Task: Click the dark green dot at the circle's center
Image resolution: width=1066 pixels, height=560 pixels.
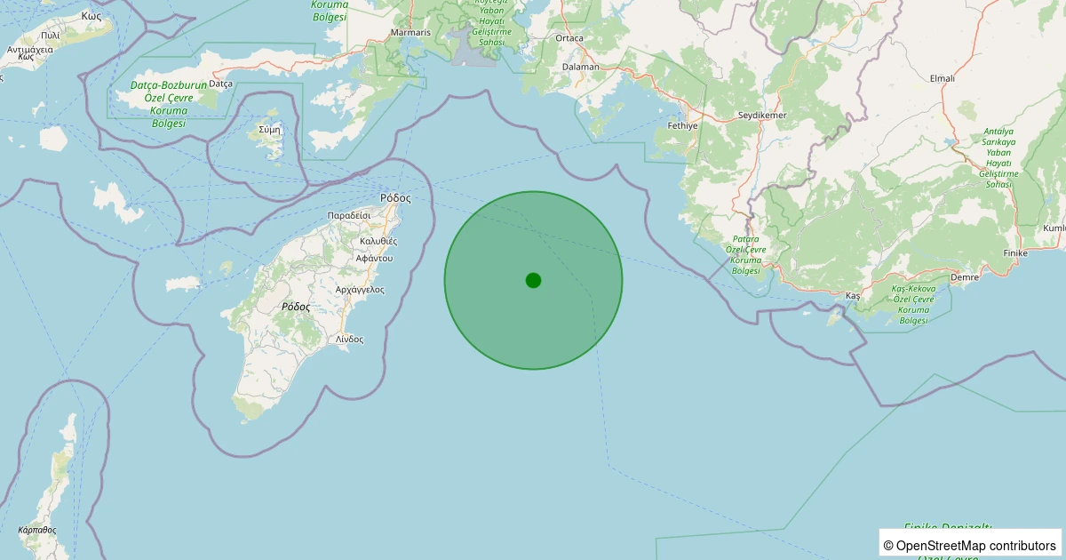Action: coord(533,280)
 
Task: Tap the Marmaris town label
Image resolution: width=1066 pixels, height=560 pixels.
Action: coord(410,33)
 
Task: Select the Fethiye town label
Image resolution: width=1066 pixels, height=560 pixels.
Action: coord(682,126)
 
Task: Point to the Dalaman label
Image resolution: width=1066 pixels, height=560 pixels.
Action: coord(582,67)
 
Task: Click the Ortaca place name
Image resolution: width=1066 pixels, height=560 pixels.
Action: coord(569,38)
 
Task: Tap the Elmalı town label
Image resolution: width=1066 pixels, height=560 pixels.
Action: coord(942,78)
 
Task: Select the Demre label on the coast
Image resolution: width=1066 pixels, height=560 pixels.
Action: coord(964,277)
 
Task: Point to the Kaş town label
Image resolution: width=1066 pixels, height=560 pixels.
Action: coord(854,294)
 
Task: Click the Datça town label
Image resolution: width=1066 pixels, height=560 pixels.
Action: coord(220,84)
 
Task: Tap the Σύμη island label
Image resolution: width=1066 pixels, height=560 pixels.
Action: coord(269,129)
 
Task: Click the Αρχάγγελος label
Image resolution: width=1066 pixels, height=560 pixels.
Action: coord(360,290)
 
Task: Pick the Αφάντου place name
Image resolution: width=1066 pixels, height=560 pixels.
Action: coord(373,258)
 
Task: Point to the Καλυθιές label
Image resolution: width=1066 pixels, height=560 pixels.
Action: coord(378,241)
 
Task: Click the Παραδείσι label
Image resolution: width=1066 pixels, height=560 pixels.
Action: coord(348,216)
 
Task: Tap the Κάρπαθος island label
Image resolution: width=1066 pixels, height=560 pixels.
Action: coord(36,530)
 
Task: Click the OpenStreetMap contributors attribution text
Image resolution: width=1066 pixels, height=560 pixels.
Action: coord(970,545)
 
